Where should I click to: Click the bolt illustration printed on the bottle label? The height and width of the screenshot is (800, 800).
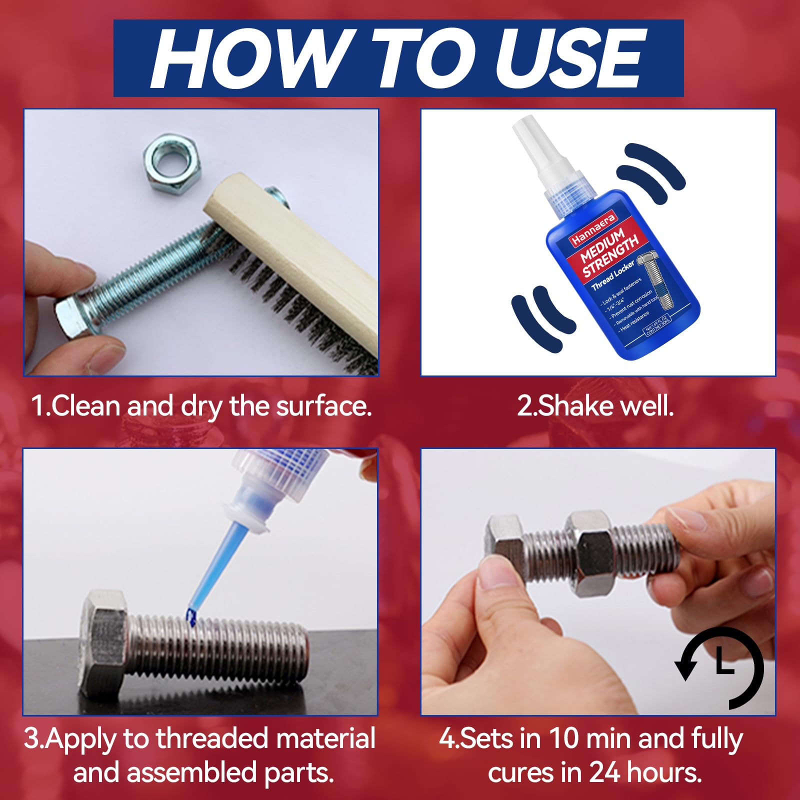pyautogui.click(x=655, y=280)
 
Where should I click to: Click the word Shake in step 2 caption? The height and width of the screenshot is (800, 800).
pyautogui.click(x=567, y=405)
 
